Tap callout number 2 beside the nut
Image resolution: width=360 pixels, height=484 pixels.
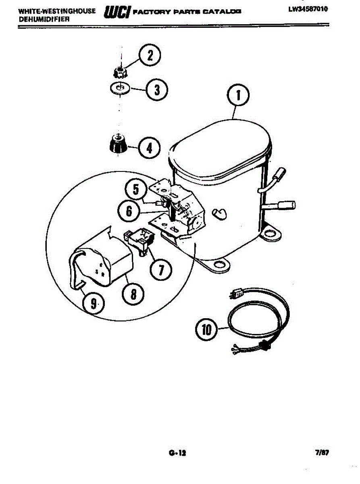pos(150,56)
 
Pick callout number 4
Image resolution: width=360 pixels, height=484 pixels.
pos(149,148)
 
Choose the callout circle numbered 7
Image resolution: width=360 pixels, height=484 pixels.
pos(161,269)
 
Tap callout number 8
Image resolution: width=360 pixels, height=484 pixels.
pos(133,294)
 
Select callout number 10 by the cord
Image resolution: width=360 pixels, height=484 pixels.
pos(206,330)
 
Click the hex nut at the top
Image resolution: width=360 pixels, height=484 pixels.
pos(119,73)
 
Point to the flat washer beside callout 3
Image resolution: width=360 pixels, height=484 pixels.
pos(119,88)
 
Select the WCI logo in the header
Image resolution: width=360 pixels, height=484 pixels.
pos(117,13)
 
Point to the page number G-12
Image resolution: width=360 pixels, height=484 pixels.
pos(177,453)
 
